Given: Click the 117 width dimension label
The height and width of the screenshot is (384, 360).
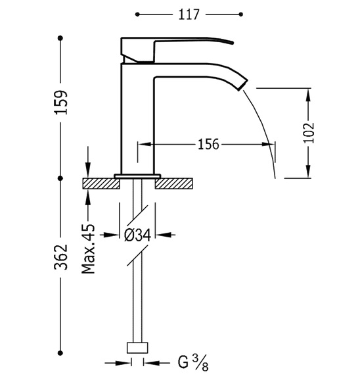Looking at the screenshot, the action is [x=189, y=14].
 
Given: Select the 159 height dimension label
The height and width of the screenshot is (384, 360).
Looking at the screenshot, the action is [x=60, y=102].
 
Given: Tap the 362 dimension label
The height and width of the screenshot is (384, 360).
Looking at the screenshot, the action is [x=60, y=257].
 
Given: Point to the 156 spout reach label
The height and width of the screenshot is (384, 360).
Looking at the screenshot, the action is [x=208, y=144].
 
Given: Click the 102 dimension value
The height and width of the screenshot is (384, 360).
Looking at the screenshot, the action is [x=309, y=132].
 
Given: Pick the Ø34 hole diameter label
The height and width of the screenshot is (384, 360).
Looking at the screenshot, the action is [x=137, y=235].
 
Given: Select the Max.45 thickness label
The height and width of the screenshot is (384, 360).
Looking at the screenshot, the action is [x=88, y=249].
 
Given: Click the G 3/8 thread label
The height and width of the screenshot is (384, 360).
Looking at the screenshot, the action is [x=193, y=363].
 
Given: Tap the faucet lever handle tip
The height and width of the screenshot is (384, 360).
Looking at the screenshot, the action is [x=232, y=43].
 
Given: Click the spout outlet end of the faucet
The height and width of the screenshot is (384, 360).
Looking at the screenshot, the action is [x=243, y=85].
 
